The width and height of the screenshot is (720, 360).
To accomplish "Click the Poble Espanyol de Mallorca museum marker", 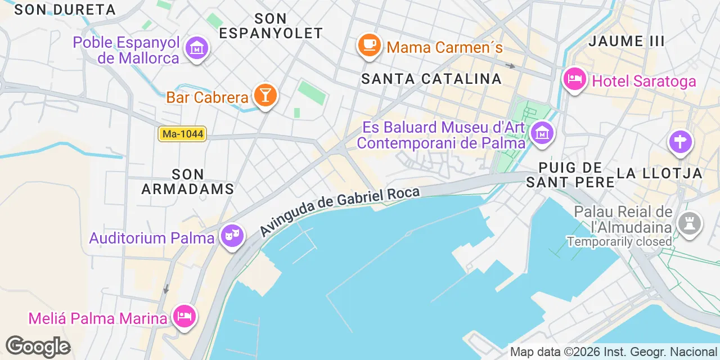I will [197, 48].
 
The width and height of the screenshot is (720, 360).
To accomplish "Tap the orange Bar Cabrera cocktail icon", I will [265, 95].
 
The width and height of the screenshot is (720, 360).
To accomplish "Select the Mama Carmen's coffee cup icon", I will [369, 45].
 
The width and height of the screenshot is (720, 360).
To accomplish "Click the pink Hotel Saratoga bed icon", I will [574, 80].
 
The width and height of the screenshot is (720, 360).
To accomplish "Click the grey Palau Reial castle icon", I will [689, 224].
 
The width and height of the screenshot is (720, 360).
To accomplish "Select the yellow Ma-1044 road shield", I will [182, 134].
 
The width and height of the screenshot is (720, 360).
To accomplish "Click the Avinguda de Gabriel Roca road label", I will [340, 211].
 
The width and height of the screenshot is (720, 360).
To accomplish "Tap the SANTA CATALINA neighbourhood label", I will [431, 79].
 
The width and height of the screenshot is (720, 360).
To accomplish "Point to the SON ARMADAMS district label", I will [188, 182].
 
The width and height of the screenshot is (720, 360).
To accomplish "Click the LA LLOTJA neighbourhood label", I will [660, 173].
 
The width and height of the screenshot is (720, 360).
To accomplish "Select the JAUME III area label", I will [626, 41].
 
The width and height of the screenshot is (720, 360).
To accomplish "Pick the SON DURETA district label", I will [65, 10].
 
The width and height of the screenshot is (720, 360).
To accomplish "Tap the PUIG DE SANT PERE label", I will [570, 174].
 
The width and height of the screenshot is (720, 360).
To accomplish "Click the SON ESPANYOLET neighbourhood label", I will [271, 26].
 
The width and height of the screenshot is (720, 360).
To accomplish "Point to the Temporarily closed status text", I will [619, 241].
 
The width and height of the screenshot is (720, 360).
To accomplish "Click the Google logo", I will [38, 346].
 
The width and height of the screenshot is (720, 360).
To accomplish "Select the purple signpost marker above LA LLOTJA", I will [680, 142].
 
